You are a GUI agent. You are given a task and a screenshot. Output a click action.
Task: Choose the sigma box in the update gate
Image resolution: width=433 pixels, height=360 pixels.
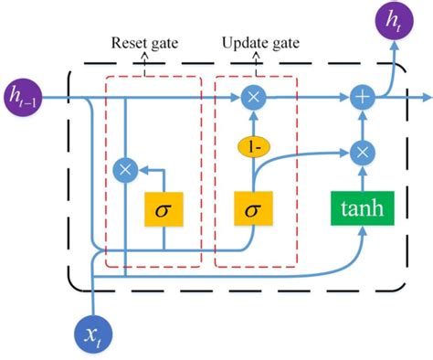click(252, 210)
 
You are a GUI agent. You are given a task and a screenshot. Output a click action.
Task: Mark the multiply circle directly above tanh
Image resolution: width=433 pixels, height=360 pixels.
click(363, 152)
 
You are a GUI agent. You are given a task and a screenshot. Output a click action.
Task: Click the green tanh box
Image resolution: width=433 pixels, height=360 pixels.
click(363, 210)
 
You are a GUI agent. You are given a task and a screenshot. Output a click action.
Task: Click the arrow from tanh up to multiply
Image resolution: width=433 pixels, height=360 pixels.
click(363, 178)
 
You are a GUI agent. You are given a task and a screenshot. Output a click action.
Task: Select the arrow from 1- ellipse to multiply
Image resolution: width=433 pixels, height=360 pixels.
click(252, 122)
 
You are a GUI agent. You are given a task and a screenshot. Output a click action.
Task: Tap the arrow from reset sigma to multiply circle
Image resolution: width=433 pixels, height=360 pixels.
click(148, 169)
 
